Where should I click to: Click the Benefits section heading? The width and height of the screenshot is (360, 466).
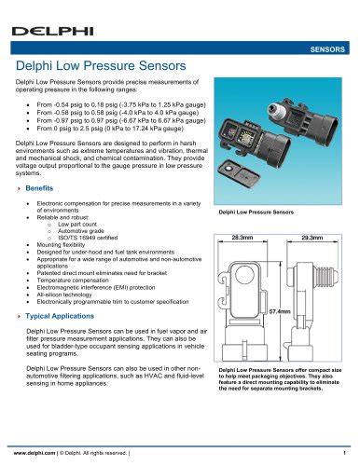[39, 188]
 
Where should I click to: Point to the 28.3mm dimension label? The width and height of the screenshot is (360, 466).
[243, 239]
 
